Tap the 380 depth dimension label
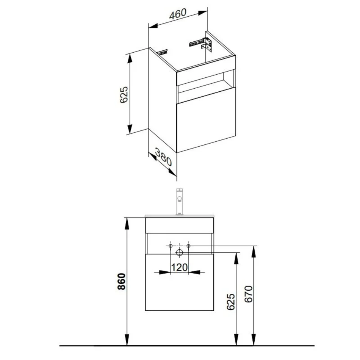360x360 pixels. (163, 157)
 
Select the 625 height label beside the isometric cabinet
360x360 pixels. (124, 95)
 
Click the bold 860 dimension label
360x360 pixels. (122, 282)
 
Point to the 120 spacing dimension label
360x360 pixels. (179, 267)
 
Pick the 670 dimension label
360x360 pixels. (249, 294)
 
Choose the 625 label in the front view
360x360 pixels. (231, 302)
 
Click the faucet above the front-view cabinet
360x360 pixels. (179, 202)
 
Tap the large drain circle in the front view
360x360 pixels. (179, 252)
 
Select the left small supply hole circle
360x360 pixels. (171, 246)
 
